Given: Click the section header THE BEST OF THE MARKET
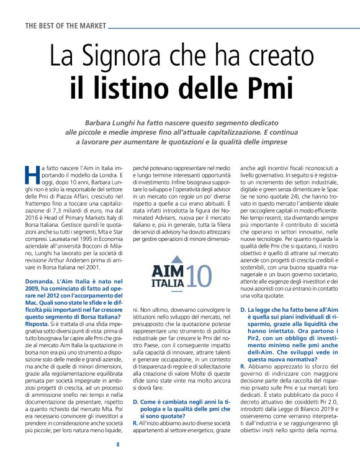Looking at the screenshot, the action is coord(65,26).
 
